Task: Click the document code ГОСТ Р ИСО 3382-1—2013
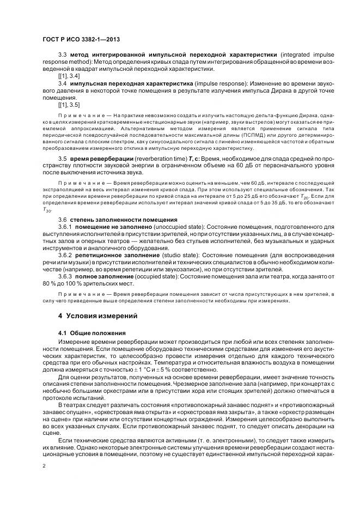81,39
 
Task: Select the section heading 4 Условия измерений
94,315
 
